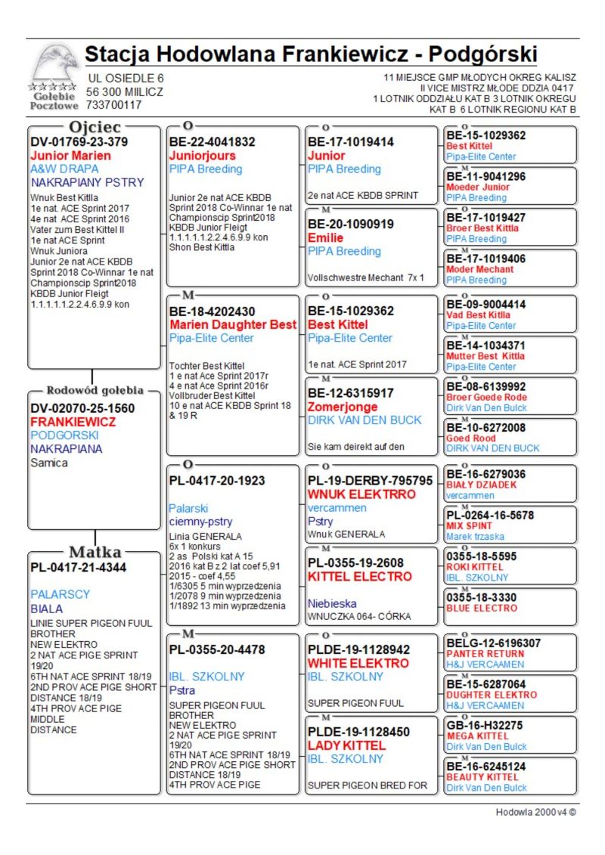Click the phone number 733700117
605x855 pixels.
(114, 105)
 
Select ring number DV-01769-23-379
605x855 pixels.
(79, 142)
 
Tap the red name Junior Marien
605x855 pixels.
(70, 156)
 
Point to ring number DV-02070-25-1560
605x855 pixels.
(82, 408)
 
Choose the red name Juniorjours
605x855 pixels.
(203, 156)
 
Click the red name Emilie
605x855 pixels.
(326, 237)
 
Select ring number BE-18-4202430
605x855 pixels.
(212, 311)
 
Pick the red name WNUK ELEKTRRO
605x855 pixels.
(361, 494)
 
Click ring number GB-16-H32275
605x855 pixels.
(484, 725)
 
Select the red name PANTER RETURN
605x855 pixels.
(485, 654)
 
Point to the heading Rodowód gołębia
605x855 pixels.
(95, 391)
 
